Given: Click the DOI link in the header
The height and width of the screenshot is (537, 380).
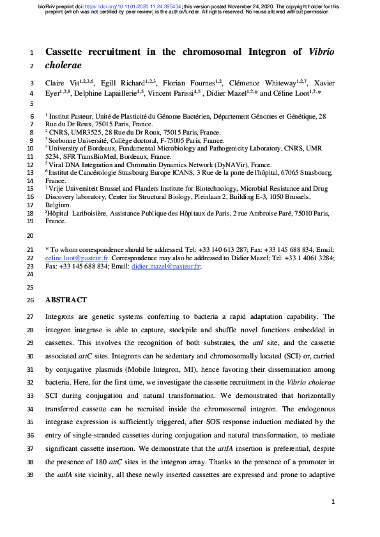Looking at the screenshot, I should click(134, 6).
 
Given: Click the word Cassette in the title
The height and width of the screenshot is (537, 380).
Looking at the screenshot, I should click(68, 52).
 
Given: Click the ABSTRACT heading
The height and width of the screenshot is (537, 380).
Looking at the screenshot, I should click(66, 300).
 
